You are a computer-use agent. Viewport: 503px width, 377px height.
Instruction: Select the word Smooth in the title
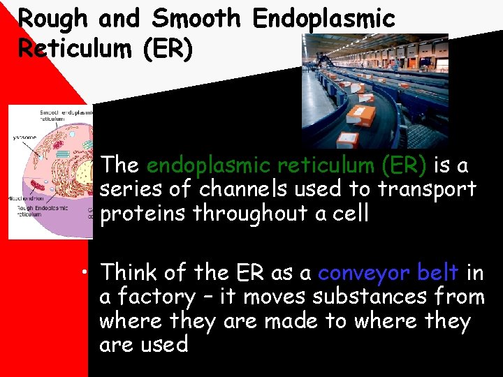coord(194,19)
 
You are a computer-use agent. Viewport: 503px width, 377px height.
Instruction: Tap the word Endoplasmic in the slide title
coord(323,19)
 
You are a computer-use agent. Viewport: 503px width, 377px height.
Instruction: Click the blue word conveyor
coord(363,273)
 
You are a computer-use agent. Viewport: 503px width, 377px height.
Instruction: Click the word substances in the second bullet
coord(364,297)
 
